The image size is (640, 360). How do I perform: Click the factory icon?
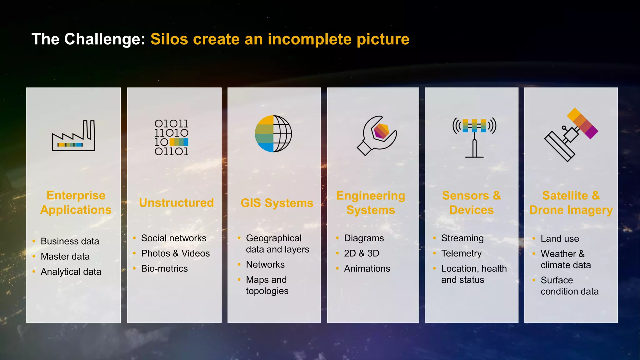(73, 136)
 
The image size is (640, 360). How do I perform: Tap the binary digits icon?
(171, 137)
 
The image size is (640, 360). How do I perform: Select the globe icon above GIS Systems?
(273, 134)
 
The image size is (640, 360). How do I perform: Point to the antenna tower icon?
(474, 137)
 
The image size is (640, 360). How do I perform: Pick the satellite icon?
(571, 135)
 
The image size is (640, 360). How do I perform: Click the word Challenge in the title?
(105, 39)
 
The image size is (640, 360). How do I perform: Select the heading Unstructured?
(176, 203)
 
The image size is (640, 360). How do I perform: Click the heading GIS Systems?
(277, 203)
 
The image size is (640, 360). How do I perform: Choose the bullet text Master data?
(65, 257)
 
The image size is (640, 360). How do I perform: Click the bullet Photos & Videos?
(175, 253)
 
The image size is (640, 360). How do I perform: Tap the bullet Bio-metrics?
(164, 269)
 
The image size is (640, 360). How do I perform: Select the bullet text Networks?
(265, 265)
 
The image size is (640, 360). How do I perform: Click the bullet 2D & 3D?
(362, 253)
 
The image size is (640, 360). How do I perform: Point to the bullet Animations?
(367, 269)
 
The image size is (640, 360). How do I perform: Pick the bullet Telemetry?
(461, 253)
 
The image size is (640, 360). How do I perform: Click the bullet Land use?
(560, 239)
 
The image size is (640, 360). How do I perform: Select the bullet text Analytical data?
(71, 272)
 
